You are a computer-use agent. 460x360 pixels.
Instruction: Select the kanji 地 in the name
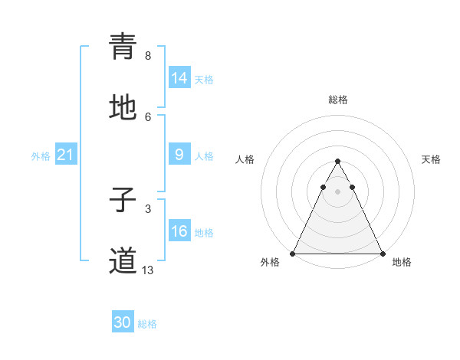(x=123, y=109)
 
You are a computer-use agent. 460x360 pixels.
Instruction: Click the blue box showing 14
(x=179, y=78)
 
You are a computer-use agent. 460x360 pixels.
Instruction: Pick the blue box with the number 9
(x=179, y=155)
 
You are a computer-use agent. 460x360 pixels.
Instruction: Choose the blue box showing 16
(x=179, y=231)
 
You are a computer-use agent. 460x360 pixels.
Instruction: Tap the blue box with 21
(x=65, y=155)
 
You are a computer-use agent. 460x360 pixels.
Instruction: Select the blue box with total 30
(x=123, y=322)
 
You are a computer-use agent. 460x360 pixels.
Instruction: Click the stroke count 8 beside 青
(x=148, y=56)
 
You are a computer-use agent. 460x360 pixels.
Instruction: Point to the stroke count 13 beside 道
(x=148, y=270)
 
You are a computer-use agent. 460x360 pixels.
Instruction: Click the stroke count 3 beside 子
(x=148, y=208)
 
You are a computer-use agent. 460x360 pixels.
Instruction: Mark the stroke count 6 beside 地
(x=148, y=117)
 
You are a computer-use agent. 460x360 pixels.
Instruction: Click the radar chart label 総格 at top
(x=338, y=100)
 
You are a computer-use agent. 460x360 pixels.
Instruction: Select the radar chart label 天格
(x=431, y=159)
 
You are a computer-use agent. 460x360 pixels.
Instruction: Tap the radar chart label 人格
(x=245, y=159)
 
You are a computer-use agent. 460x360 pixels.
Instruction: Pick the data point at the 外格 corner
(x=293, y=253)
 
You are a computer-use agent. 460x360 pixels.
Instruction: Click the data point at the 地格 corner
(x=383, y=253)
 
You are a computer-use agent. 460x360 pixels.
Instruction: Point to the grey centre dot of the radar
(x=337, y=191)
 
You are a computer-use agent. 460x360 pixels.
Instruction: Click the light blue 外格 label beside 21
(x=41, y=155)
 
